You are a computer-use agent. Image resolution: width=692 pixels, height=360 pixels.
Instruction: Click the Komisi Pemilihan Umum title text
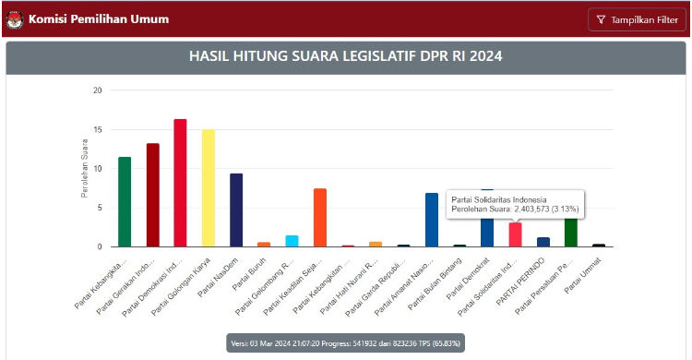tap(89, 18)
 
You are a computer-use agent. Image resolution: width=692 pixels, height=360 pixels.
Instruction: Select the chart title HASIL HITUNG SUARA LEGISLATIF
tap(346, 56)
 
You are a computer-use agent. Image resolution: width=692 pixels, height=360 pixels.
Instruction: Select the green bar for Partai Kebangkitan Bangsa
tap(125, 202)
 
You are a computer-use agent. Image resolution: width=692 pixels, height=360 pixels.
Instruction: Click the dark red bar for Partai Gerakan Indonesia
tap(152, 195)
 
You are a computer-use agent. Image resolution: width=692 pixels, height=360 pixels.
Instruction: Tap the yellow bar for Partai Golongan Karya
tap(208, 188)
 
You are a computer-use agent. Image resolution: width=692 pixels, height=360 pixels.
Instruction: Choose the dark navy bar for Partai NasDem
tap(236, 210)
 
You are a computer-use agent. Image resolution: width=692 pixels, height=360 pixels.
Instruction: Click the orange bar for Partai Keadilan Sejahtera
tap(320, 218)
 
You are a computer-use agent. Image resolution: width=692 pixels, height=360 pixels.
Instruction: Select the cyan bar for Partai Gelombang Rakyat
tap(292, 241)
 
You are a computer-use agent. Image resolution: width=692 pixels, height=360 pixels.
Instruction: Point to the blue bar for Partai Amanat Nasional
tap(431, 220)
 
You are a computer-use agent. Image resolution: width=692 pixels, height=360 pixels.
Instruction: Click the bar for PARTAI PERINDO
tap(543, 242)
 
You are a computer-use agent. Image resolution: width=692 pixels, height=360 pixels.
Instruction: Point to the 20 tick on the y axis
tap(97, 90)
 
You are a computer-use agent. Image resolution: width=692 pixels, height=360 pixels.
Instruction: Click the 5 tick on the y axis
tap(99, 208)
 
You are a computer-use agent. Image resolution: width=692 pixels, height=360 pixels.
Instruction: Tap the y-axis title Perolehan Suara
tap(84, 168)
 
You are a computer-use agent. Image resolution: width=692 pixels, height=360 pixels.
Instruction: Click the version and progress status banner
tap(345, 343)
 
